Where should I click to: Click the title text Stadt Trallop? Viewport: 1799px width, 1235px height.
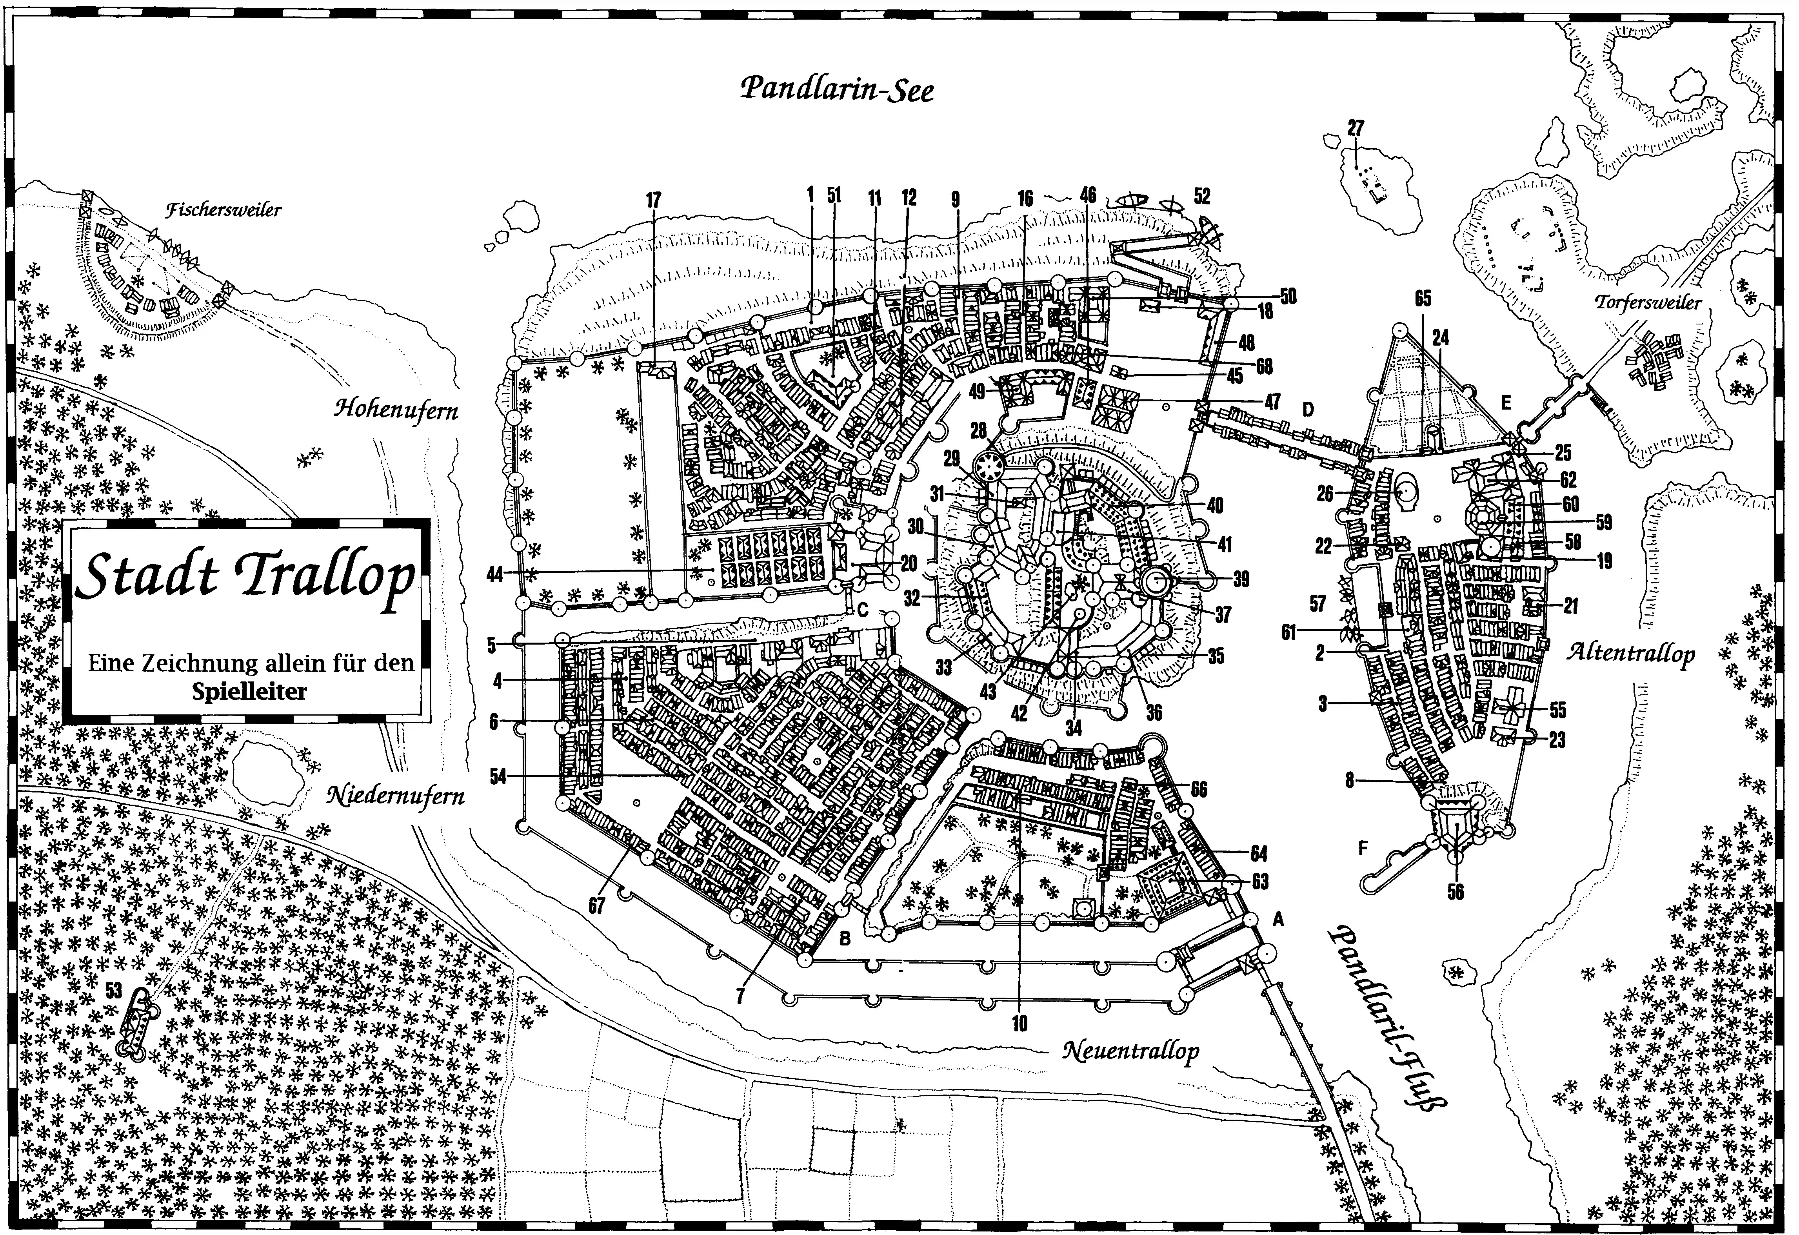point(246,577)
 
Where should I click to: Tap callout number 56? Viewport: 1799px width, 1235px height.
point(1455,892)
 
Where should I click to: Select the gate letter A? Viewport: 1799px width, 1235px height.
point(1278,920)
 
